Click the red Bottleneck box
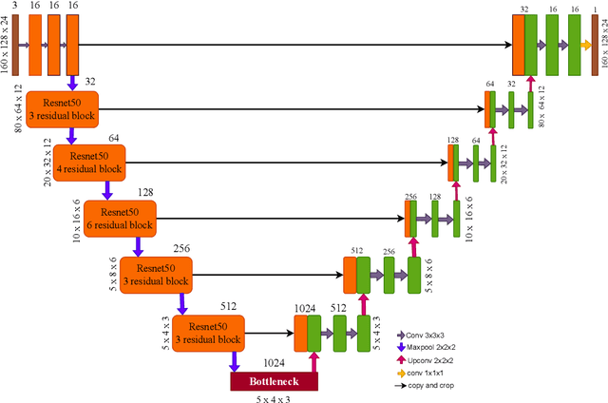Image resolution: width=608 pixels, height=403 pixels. click(274, 381)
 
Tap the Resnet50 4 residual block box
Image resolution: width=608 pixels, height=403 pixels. click(88, 161)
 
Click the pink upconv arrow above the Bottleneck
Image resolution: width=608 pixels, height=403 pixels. click(313, 360)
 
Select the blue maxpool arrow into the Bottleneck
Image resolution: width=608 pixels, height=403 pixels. click(233, 360)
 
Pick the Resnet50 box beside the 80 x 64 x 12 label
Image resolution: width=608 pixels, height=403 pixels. click(62, 106)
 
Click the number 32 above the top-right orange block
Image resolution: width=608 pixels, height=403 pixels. click(524, 8)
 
